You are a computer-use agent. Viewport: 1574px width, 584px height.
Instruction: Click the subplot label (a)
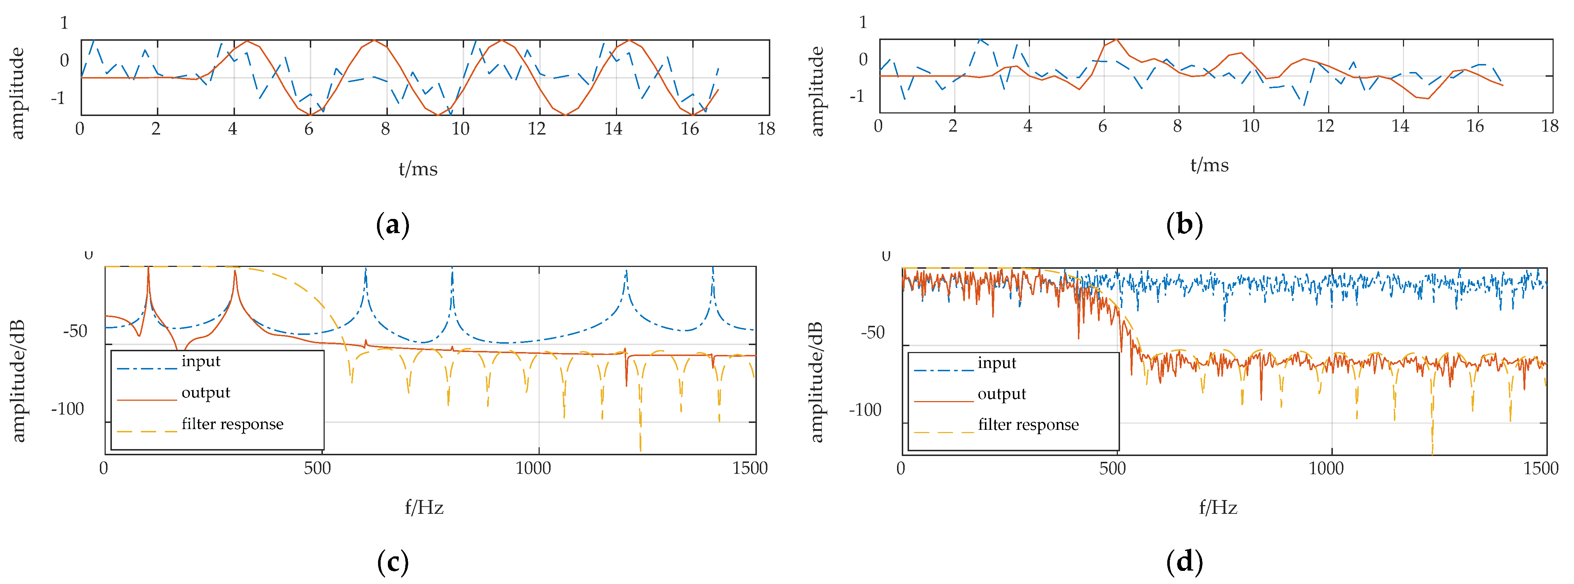[392, 225]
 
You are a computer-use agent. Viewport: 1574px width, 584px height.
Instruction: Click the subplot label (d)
[1184, 561]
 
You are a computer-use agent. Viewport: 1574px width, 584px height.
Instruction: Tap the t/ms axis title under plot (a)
[418, 169]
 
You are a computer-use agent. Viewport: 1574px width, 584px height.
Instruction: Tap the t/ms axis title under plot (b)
[1209, 165]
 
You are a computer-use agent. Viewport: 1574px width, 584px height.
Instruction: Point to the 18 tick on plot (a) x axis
[766, 128]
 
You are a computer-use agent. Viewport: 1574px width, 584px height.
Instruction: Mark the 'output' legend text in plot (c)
[206, 393]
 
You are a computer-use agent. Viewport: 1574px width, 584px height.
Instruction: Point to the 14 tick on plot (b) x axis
[1400, 126]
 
